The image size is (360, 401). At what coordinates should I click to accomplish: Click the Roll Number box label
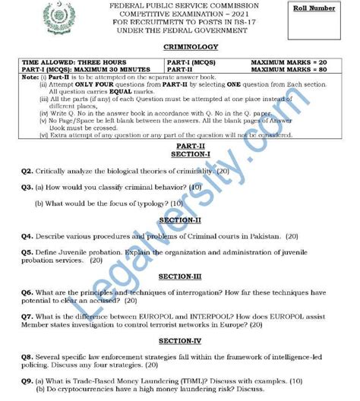click(x=323, y=8)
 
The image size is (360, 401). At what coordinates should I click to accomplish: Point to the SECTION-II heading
click(x=175, y=220)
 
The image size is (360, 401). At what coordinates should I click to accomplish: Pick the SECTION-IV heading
click(x=175, y=341)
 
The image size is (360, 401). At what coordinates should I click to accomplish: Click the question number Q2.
click(x=27, y=172)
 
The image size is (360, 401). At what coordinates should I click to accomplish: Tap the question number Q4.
click(x=27, y=236)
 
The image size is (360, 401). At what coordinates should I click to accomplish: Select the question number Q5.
click(x=27, y=251)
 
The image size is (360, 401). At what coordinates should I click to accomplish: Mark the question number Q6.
click(x=27, y=292)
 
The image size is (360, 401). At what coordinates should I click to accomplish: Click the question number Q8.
click(x=27, y=356)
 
